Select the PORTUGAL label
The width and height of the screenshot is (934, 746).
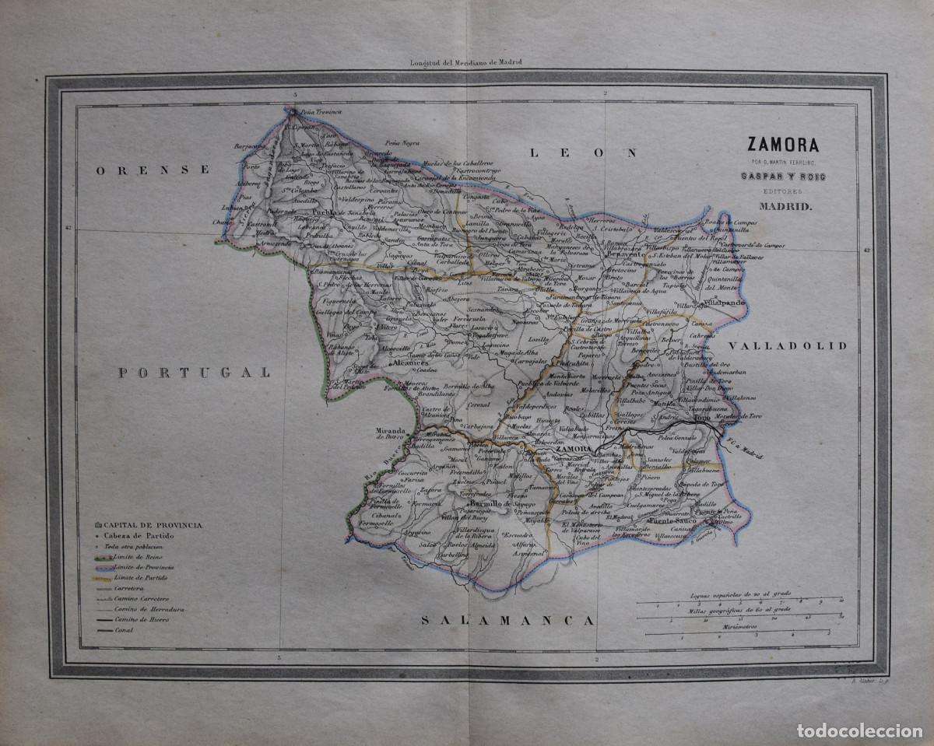point(195,373)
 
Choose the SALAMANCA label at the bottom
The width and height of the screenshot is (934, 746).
point(507,620)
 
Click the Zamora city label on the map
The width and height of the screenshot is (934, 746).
point(574,450)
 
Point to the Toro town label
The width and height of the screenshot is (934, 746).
point(702,418)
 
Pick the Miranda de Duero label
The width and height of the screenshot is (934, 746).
point(390,433)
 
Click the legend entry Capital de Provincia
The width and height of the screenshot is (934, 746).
point(152,525)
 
